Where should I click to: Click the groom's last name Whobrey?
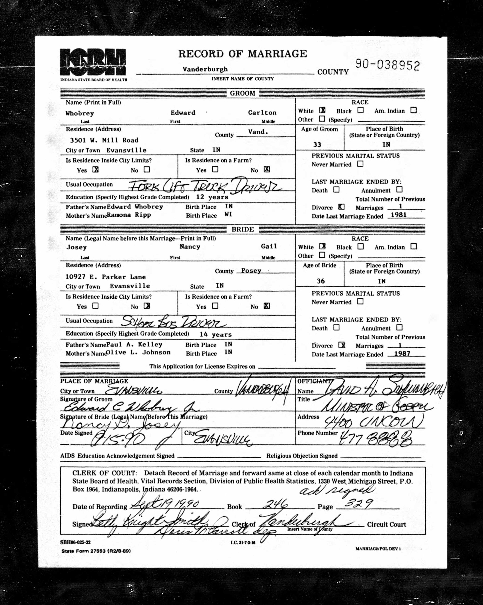point(80,113)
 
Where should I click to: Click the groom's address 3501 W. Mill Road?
point(104,140)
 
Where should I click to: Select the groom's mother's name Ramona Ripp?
point(129,215)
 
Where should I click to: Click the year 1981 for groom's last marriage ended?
point(398,215)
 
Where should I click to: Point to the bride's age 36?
point(321,281)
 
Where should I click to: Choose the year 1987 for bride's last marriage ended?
point(402,353)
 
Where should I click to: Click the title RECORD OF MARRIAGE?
point(243,54)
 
